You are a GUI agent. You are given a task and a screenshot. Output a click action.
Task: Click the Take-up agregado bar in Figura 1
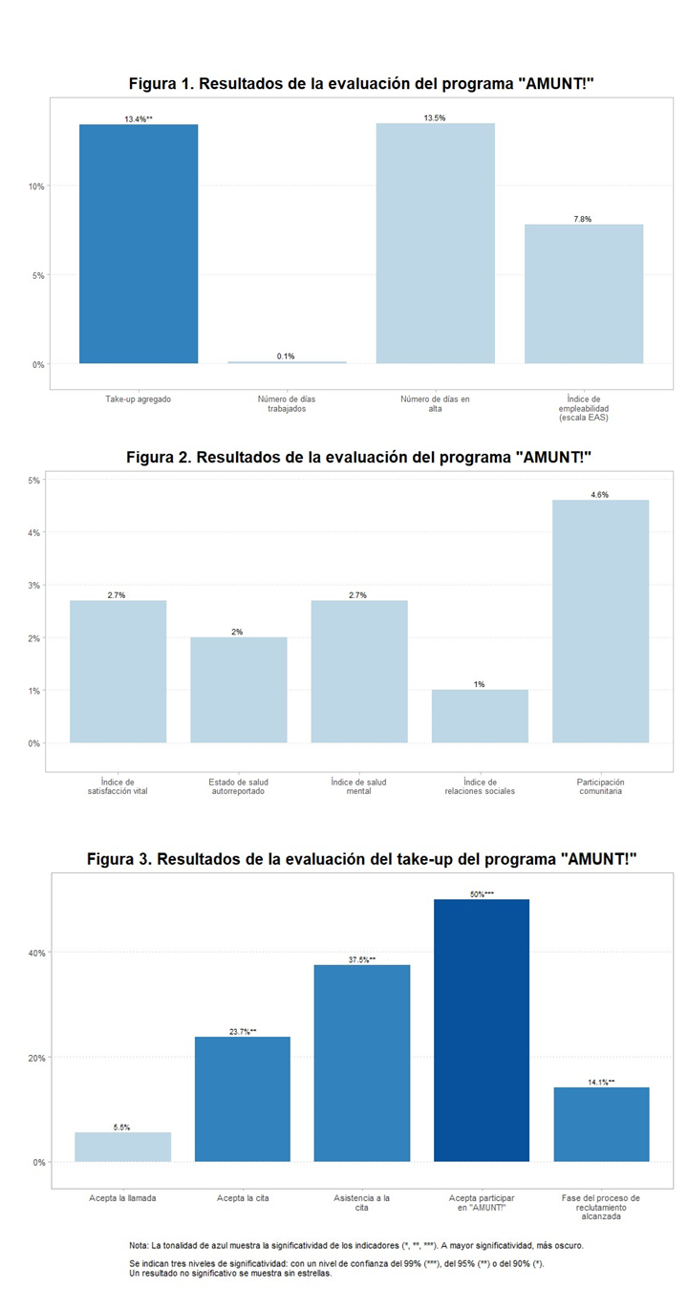pyautogui.click(x=139, y=244)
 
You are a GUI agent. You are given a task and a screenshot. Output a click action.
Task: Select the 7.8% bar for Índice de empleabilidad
pyautogui.click(x=583, y=293)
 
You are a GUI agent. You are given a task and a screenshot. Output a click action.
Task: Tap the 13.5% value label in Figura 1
pyautogui.click(x=435, y=118)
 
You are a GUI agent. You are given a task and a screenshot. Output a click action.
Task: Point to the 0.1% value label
pyautogui.click(x=286, y=356)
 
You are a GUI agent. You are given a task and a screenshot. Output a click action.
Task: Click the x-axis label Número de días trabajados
pyautogui.click(x=286, y=403)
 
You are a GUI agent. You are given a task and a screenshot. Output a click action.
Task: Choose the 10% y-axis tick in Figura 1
pyautogui.click(x=35, y=186)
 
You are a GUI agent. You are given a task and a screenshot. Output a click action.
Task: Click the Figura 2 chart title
pyautogui.click(x=359, y=457)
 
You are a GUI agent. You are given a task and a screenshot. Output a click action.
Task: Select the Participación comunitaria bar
pyautogui.click(x=600, y=621)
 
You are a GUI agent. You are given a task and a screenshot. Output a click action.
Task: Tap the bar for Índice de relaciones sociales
pyautogui.click(x=480, y=716)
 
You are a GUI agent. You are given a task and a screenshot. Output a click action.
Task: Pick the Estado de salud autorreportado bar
pyautogui.click(x=238, y=689)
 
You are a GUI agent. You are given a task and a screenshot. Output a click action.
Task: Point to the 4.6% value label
pyautogui.click(x=600, y=495)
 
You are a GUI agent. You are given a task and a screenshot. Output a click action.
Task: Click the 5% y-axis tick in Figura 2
pyautogui.click(x=34, y=480)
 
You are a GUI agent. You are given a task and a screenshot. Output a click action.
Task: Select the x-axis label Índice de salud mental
pyautogui.click(x=359, y=786)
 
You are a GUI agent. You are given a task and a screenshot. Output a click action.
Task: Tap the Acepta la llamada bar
pyautogui.click(x=122, y=1147)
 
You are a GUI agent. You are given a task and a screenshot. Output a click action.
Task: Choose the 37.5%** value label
pyautogui.click(x=361, y=959)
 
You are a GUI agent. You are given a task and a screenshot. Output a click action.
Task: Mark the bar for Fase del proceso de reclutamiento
pyautogui.click(x=601, y=1124)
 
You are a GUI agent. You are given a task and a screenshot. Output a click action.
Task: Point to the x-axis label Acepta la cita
pyautogui.click(x=242, y=1197)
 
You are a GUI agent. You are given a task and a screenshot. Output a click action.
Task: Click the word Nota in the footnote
pyautogui.click(x=139, y=1246)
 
